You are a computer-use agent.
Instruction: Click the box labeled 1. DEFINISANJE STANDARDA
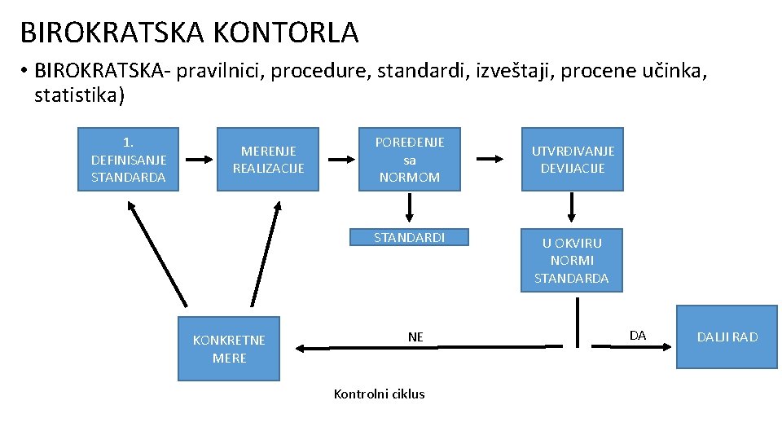pyautogui.click(x=128, y=159)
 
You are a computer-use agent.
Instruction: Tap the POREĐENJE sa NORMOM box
pyautogui.click(x=409, y=159)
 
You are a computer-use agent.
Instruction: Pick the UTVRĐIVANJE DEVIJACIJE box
pyautogui.click(x=572, y=159)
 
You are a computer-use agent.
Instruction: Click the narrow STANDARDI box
pyautogui.click(x=409, y=237)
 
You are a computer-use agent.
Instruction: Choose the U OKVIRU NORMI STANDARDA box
pyautogui.click(x=572, y=260)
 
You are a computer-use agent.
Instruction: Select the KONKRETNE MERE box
pyautogui.click(x=229, y=349)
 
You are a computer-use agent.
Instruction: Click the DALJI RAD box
pyautogui.click(x=727, y=337)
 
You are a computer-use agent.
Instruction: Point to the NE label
pyautogui.click(x=415, y=337)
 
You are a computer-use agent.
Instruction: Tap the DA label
pyautogui.click(x=638, y=335)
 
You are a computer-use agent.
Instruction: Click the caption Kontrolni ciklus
pyautogui.click(x=379, y=394)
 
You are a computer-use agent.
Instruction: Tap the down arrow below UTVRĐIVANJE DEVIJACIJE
pyautogui.click(x=572, y=208)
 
